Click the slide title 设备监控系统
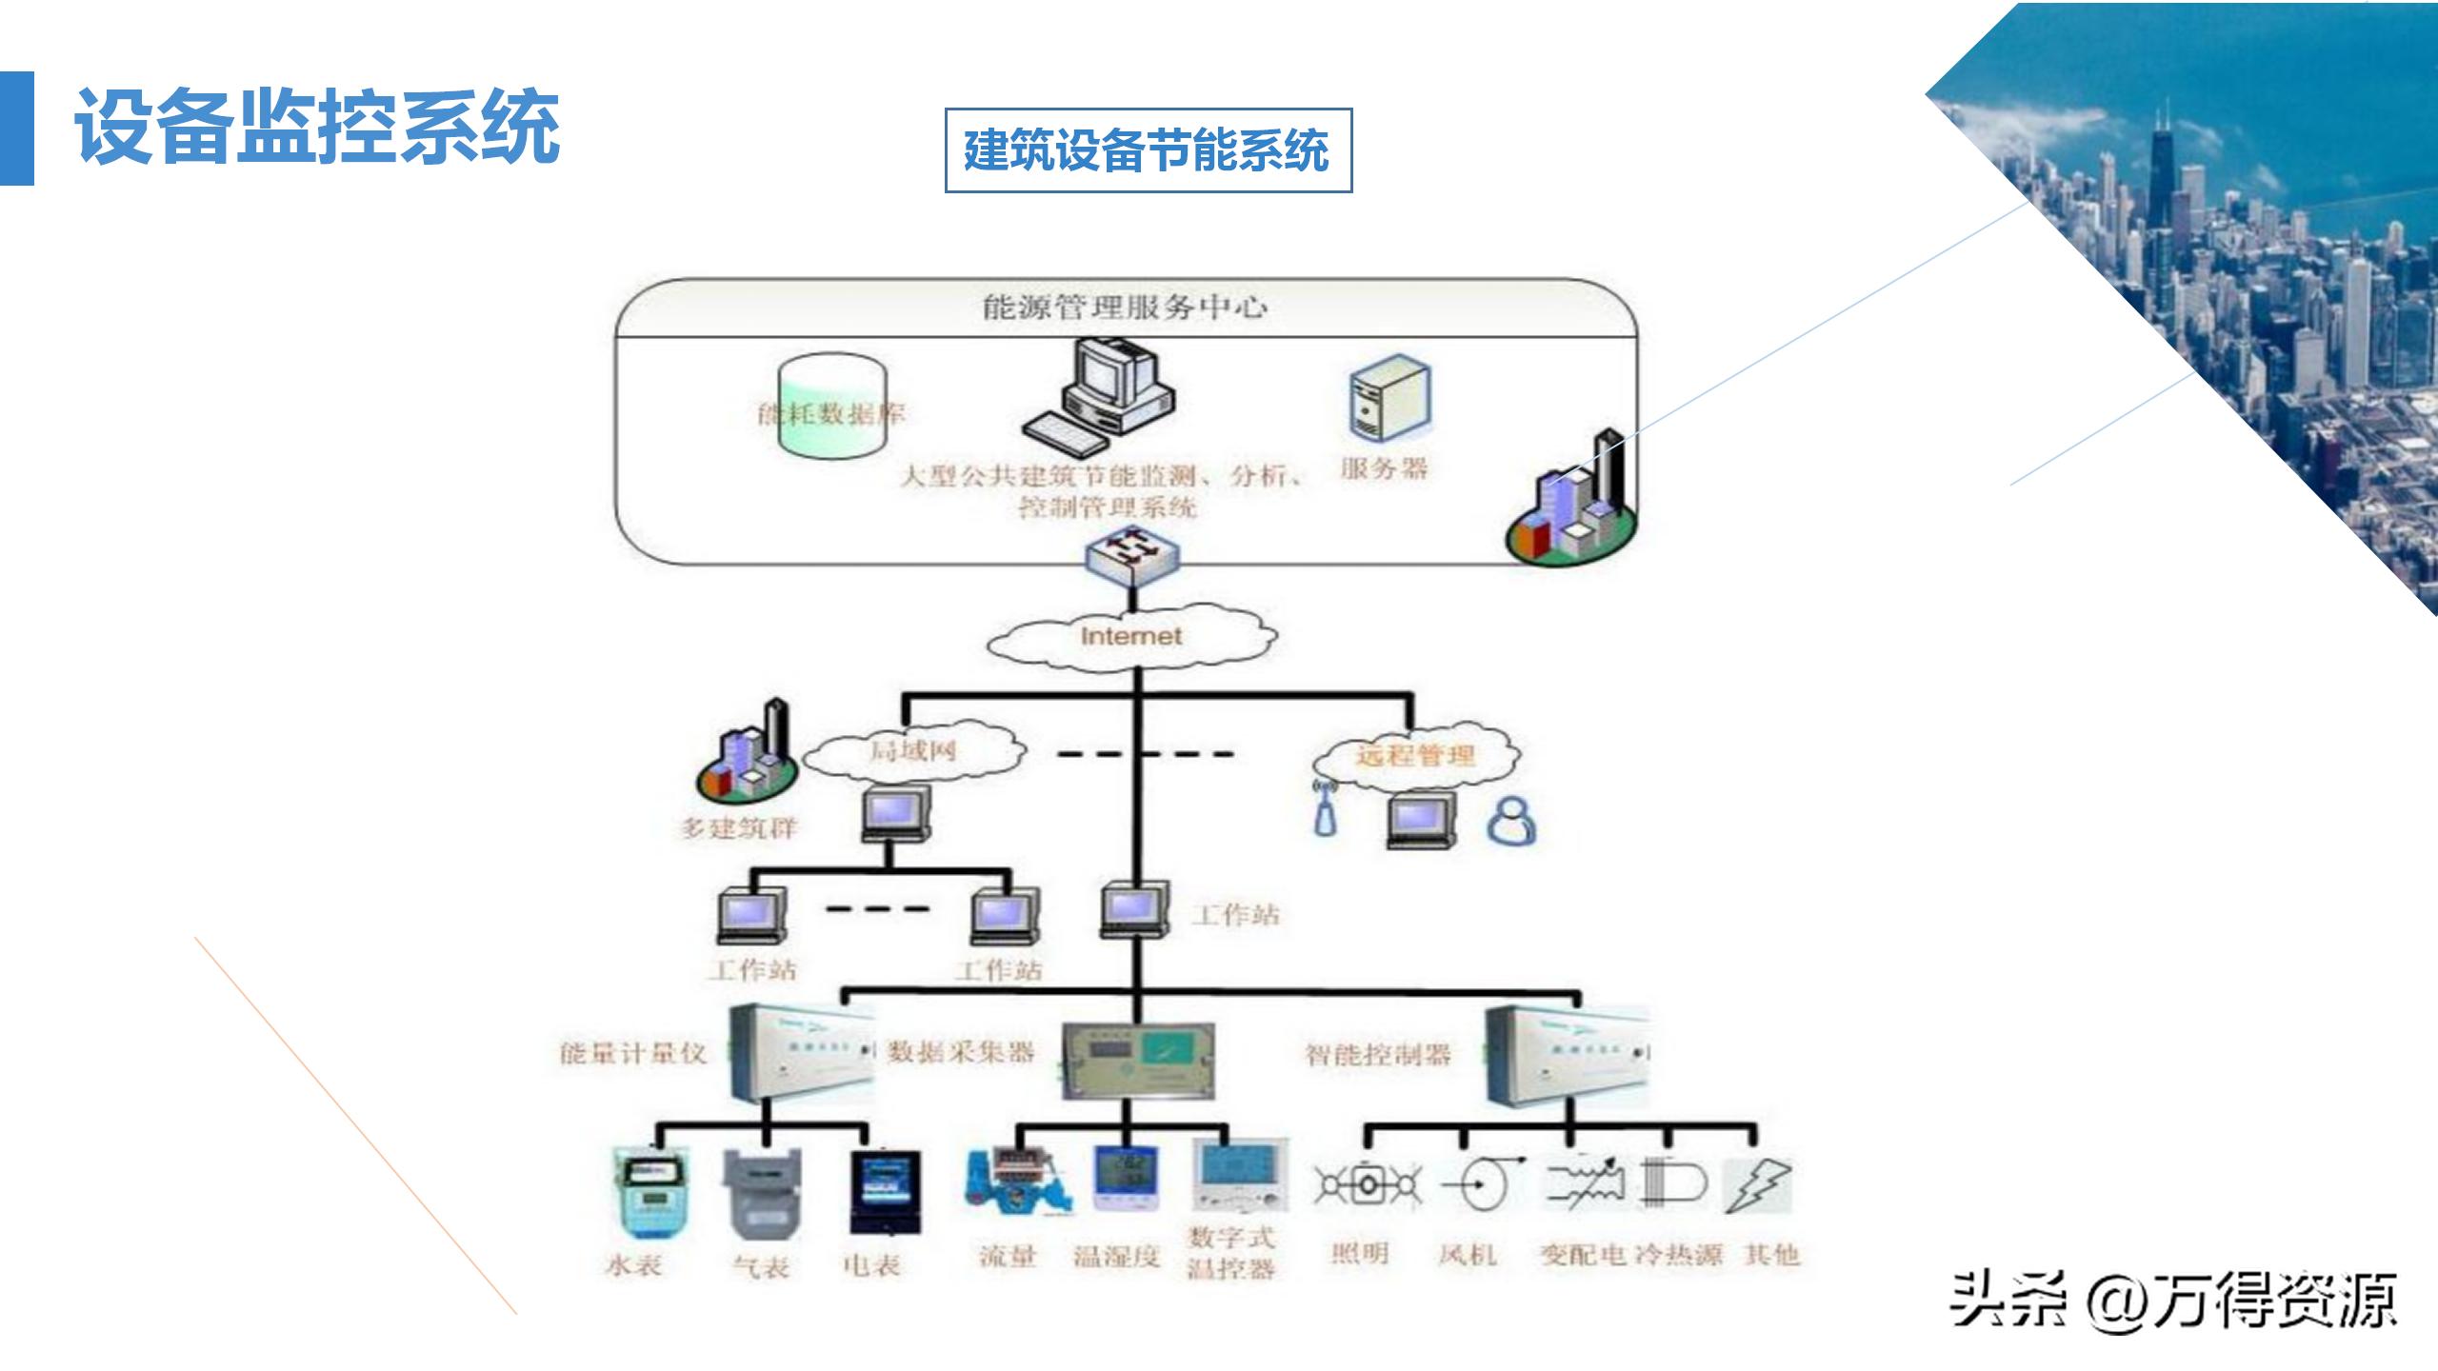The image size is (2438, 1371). point(317,128)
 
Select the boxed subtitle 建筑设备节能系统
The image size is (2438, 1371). point(1147,150)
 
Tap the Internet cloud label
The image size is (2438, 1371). point(1130,636)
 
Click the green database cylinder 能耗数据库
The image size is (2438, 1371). point(831,407)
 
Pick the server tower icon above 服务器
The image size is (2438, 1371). point(1389,398)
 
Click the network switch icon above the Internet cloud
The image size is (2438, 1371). point(1131,552)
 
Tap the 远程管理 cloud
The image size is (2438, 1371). point(1415,756)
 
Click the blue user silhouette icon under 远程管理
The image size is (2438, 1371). point(1510,821)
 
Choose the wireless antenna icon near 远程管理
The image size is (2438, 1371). point(1325,808)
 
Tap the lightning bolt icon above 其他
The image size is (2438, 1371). point(1757,1186)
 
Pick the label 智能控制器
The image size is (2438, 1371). point(1377,1054)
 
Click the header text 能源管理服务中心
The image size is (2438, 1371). point(1125,308)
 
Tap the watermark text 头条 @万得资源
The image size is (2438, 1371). point(2171,1300)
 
